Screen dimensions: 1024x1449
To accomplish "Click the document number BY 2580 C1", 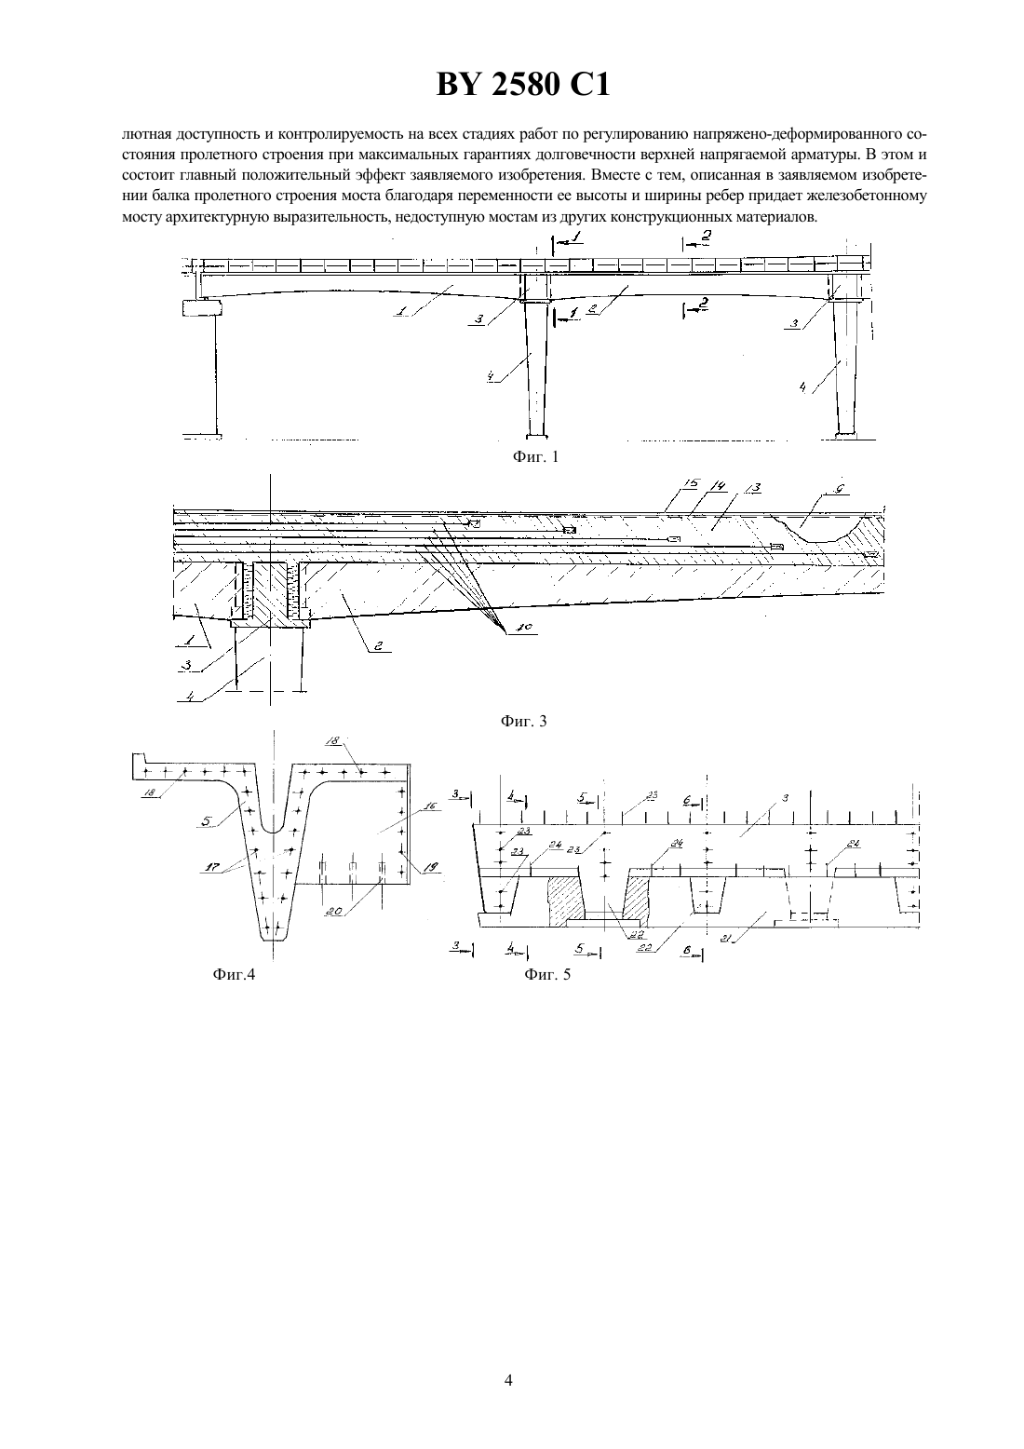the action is (523, 84).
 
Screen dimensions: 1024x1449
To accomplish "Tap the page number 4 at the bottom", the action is (508, 1380).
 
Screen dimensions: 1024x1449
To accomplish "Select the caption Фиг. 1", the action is (535, 457).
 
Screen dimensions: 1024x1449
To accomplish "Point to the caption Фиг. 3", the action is (523, 722).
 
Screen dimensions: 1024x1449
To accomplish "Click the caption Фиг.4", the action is (234, 974).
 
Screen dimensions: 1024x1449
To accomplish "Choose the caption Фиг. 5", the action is (547, 974).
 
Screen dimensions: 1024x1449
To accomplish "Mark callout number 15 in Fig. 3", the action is (691, 483).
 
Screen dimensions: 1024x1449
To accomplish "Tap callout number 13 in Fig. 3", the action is (752, 488).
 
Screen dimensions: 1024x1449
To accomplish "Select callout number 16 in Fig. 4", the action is (431, 806).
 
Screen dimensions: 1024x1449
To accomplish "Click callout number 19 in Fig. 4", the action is (431, 867).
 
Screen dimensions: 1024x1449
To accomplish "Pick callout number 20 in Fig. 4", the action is (334, 912).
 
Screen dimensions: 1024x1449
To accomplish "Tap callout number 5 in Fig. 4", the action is (207, 821).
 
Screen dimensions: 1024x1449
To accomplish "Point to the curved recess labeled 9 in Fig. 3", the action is (817, 529).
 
